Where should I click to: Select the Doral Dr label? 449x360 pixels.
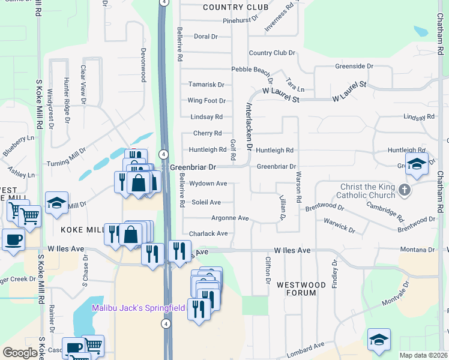pos(205,36)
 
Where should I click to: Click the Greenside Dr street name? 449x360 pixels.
pos(354,66)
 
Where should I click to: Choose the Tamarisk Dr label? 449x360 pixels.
pos(206,85)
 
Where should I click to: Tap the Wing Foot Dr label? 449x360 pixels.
pos(206,101)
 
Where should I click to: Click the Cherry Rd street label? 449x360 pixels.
pos(207,133)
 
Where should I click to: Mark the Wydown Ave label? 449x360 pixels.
pos(208,184)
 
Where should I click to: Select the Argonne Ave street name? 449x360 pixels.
pos(230,218)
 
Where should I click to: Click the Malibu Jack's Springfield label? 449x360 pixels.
pos(138,308)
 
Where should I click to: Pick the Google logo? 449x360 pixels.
pos(20,353)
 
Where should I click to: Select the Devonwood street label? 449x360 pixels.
pos(143,65)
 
